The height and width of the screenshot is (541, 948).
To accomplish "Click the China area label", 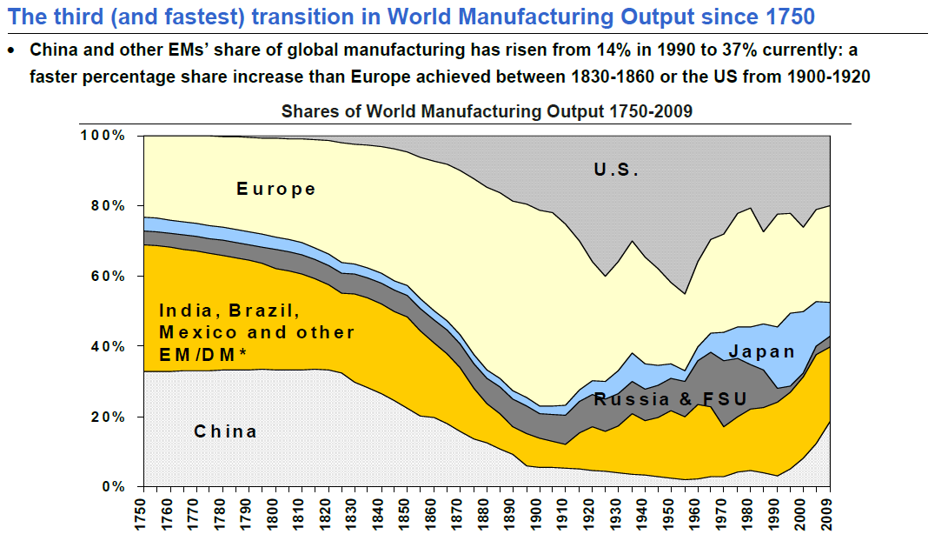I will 225,431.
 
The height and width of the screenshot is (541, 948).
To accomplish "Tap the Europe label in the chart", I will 276,189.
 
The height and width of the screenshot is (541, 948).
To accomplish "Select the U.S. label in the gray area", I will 617,170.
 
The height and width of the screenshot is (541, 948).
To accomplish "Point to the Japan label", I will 762,351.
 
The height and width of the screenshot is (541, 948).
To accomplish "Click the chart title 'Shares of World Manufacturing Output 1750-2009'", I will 487,111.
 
